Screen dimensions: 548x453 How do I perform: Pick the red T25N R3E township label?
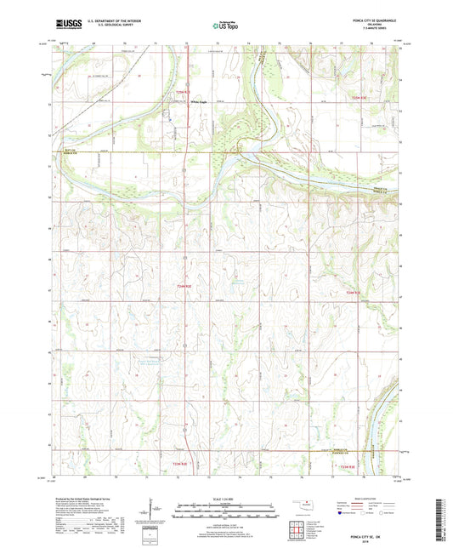[x=361, y=99]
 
